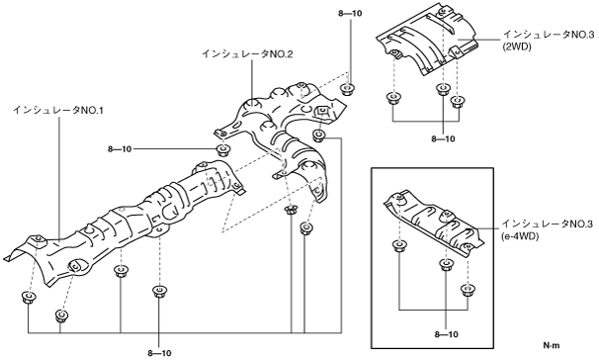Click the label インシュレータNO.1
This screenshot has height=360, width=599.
[x=58, y=111]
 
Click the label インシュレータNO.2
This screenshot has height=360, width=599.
[x=247, y=54]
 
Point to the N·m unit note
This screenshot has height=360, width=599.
[x=552, y=345]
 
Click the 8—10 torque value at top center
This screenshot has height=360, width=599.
[x=350, y=14]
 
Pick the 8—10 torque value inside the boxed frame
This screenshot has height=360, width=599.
[x=446, y=334]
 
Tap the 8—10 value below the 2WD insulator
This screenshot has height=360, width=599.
[x=443, y=139]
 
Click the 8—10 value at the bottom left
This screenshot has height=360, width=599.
[x=159, y=353]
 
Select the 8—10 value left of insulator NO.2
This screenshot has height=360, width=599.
[x=120, y=149]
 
